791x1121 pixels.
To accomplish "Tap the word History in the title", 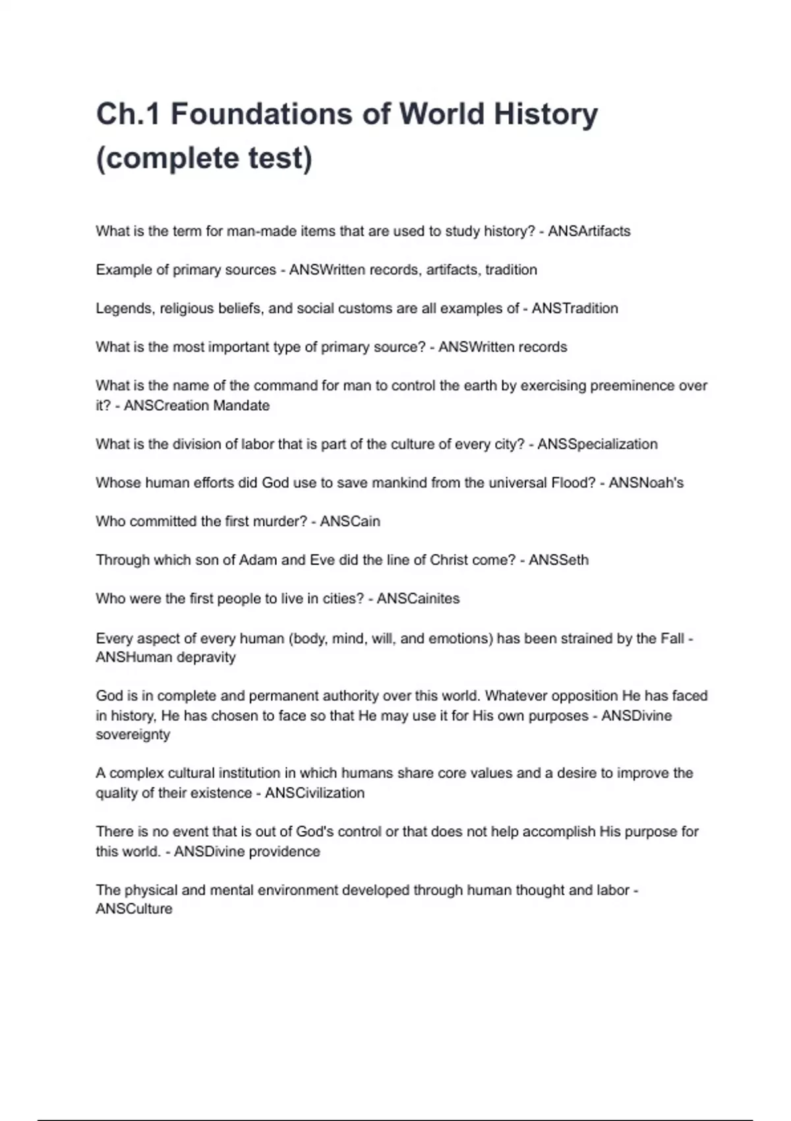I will [546, 114].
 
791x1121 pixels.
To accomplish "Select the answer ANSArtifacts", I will [589, 231].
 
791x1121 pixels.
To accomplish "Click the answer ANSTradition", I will [575, 309].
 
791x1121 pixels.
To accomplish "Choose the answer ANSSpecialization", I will [597, 444].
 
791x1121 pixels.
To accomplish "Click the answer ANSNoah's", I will [646, 483].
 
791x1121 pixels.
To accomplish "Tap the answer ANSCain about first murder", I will [350, 522].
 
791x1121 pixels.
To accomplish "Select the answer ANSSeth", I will [558, 560].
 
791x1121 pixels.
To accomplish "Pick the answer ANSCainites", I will [418, 599].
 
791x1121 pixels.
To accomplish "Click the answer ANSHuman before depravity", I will [134, 657].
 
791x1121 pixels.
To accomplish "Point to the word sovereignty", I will [132, 735].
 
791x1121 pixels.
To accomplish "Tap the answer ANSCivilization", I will [314, 793].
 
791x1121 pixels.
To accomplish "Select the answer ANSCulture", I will [134, 909].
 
